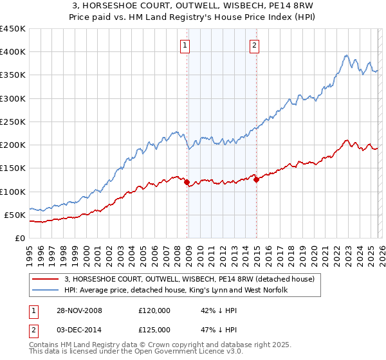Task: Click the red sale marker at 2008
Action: pyautogui.click(x=187, y=183)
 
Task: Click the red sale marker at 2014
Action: pyautogui.click(x=256, y=180)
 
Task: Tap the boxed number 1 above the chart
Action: pyautogui.click(x=185, y=45)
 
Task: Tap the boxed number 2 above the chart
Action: pyautogui.click(x=255, y=45)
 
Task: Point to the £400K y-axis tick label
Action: pyautogui.click(x=12, y=52)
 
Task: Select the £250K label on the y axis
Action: pyautogui.click(x=12, y=122)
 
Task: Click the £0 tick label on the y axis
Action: pyautogui.click(x=19, y=238)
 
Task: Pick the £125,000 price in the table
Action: pyautogui.click(x=154, y=329)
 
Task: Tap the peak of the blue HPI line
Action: pyautogui.click(x=346, y=55)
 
